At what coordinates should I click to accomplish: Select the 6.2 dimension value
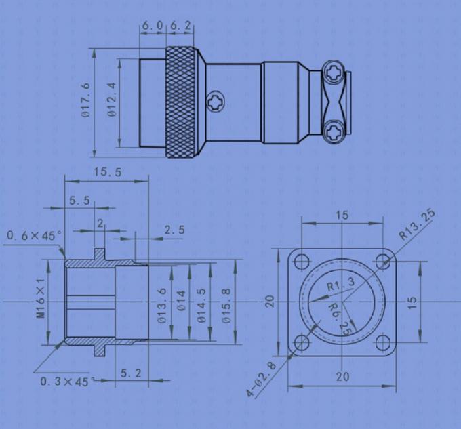point(180,25)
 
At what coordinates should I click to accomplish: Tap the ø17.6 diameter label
point(86,100)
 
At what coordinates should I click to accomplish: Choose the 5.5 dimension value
point(80,201)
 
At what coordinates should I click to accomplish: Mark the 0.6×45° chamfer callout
point(34,235)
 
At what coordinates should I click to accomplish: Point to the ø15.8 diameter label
point(228,300)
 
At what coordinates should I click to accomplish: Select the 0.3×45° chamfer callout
point(64,382)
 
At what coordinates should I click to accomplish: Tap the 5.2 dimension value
point(130,373)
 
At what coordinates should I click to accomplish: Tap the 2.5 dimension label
point(174,230)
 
